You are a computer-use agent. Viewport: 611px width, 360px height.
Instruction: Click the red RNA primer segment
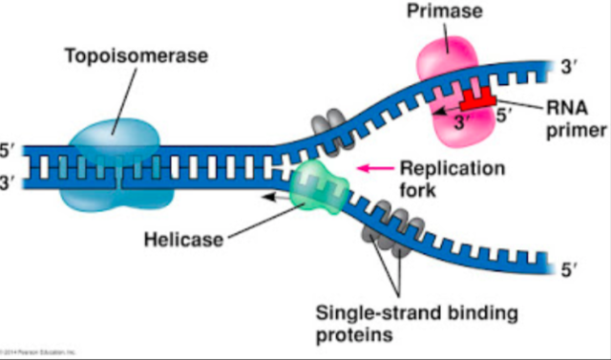tap(474, 99)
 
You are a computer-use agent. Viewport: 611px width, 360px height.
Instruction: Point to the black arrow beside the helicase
tap(276, 194)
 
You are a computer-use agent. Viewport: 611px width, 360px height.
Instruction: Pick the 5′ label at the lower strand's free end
tap(570, 271)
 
